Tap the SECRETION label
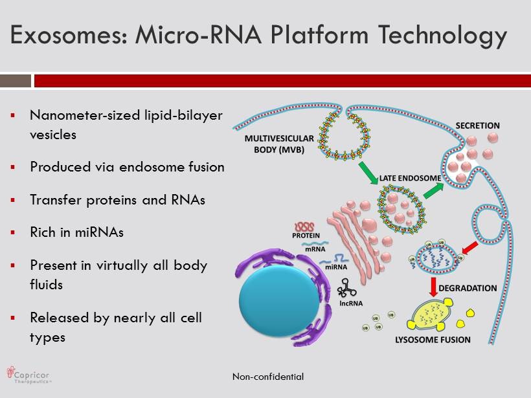[478, 126]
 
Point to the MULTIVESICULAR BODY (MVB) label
[280, 144]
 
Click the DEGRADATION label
[468, 288]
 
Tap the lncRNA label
[348, 302]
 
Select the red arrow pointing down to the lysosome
[433, 285]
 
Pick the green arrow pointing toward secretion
[433, 190]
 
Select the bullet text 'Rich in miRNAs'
[76, 232]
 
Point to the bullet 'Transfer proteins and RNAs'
[117, 199]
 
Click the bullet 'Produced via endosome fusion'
[127, 166]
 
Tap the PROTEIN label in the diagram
[306, 236]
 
